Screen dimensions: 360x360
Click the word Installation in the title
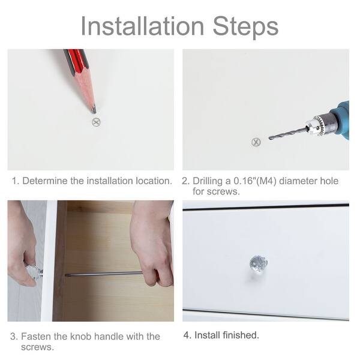point(142,26)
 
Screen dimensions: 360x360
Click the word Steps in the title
point(245,27)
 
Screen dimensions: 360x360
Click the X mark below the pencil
point(96,122)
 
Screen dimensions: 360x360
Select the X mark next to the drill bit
point(256,142)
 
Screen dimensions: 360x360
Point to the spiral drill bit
point(288,134)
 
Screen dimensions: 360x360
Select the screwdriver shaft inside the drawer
point(104,274)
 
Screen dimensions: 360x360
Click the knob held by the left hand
point(34,272)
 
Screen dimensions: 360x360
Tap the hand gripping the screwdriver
point(152,244)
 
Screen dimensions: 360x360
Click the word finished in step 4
point(241,335)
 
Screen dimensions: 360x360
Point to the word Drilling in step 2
point(208,181)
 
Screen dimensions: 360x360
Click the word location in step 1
point(154,181)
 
